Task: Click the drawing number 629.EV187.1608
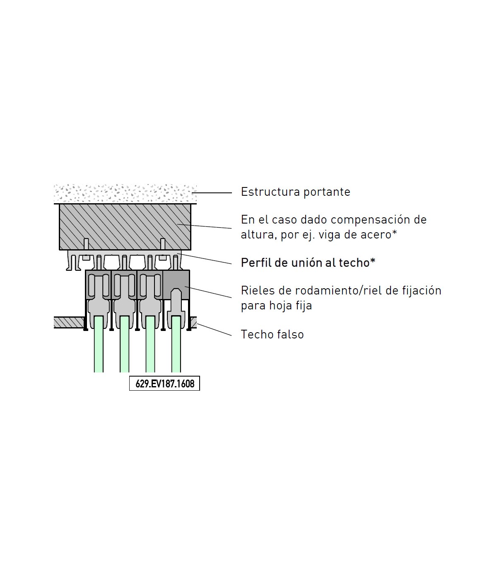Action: click(165, 384)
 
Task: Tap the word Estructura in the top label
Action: click(270, 192)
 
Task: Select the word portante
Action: click(327, 192)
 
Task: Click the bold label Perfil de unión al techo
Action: click(308, 263)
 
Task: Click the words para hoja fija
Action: click(276, 306)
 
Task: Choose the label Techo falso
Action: click(272, 334)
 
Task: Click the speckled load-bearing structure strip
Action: click(125, 194)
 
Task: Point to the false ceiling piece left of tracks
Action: click(69, 323)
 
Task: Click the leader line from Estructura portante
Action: click(212, 192)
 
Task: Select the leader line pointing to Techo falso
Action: click(214, 330)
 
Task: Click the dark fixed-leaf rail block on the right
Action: click(176, 285)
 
